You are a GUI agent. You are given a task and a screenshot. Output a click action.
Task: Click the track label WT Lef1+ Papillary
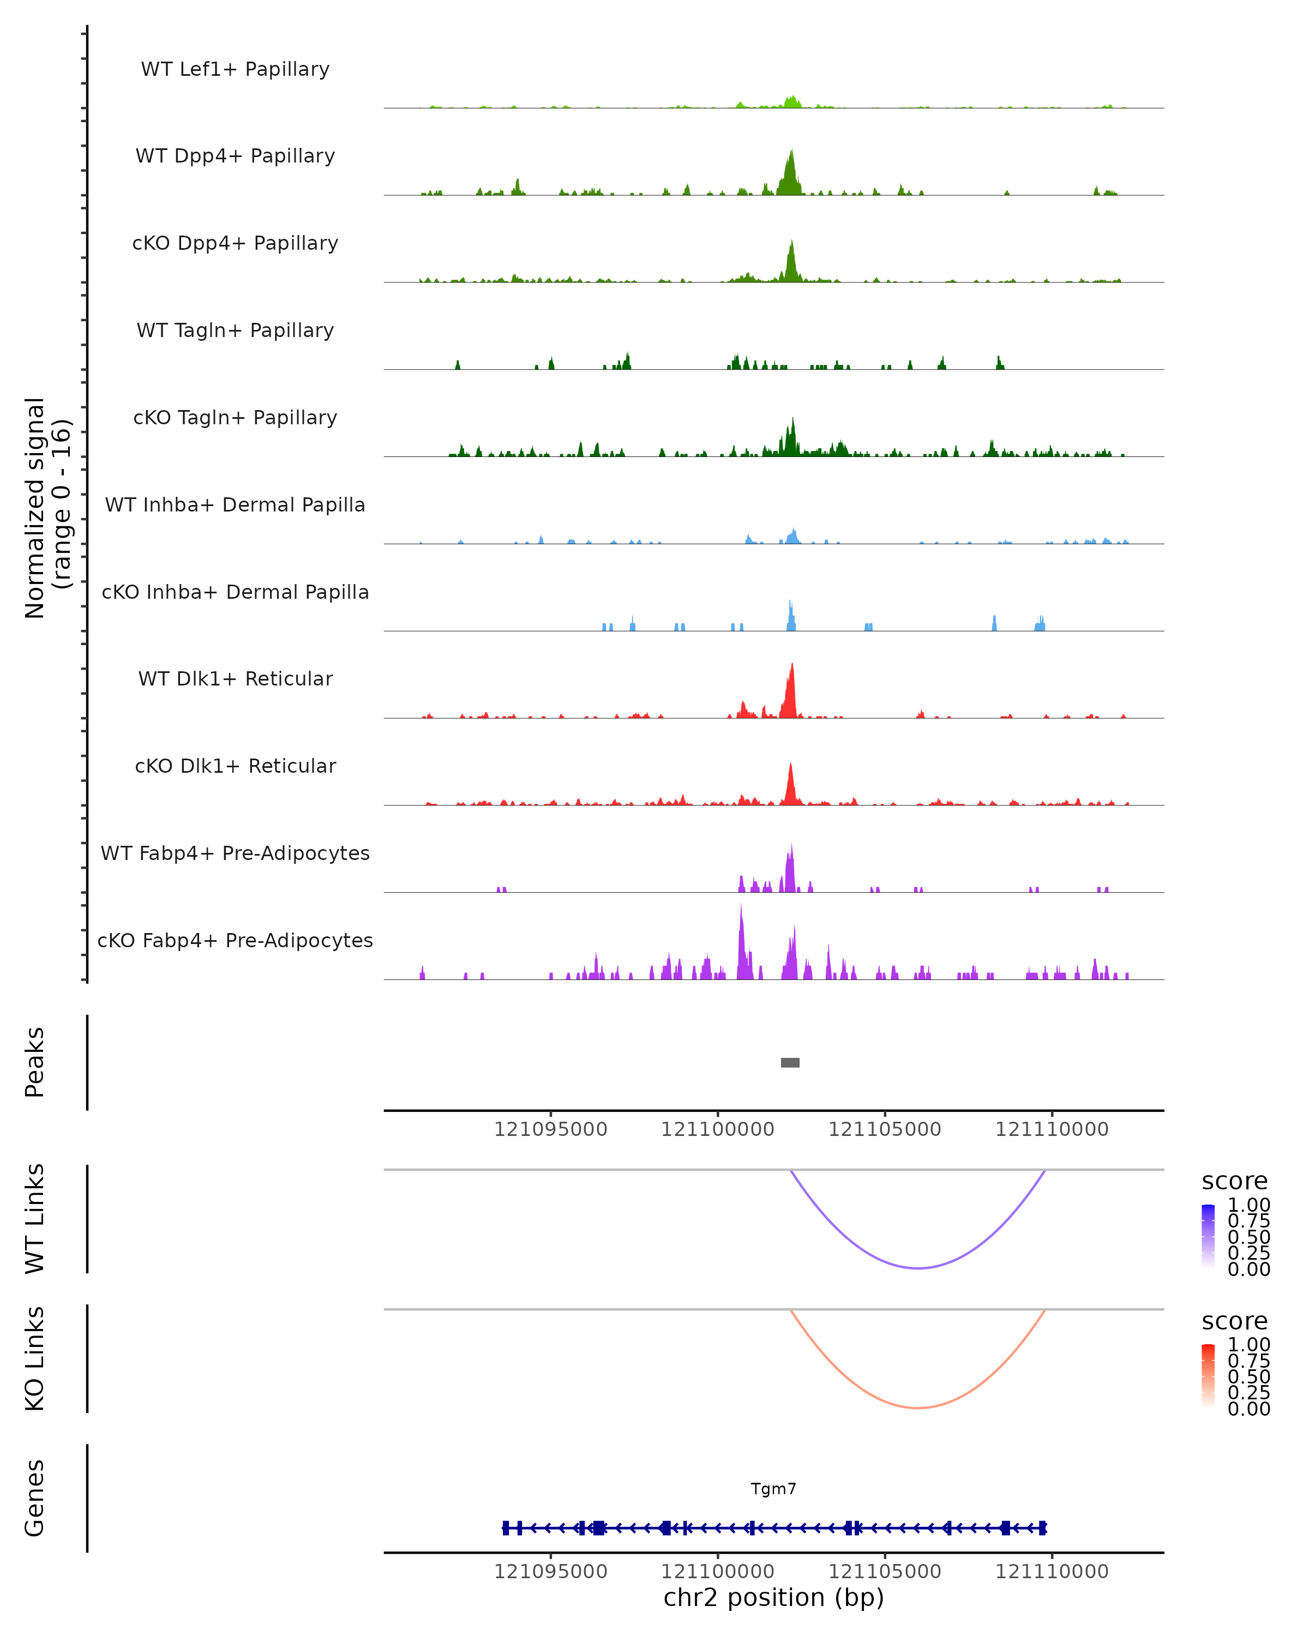pos(235,69)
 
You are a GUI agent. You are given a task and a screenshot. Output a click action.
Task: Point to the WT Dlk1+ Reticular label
pos(235,678)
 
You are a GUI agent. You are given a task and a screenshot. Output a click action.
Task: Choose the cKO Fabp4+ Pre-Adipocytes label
pos(235,940)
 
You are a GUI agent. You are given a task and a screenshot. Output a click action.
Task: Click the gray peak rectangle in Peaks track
pos(790,1062)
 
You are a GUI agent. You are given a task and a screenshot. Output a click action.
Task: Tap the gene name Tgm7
pos(773,1489)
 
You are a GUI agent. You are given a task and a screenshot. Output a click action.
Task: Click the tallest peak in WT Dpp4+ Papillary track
pos(791,152)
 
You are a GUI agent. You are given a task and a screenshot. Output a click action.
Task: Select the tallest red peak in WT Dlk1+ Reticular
pos(792,665)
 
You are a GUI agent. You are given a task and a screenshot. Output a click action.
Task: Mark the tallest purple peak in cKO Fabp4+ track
pos(741,907)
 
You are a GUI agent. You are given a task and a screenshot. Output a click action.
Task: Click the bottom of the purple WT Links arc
pos(918,1268)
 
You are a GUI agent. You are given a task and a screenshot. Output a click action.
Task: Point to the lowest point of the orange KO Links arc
pos(918,1408)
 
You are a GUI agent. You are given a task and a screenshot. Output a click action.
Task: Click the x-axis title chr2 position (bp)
pos(773,1597)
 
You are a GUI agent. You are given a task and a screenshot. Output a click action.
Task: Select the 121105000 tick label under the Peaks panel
pos(885,1129)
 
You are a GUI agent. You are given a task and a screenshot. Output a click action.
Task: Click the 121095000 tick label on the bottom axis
pos(551,1572)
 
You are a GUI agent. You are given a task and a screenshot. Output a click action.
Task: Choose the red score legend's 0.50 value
pos(1249,1376)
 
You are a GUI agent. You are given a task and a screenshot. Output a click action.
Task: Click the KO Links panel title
pos(35,1358)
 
